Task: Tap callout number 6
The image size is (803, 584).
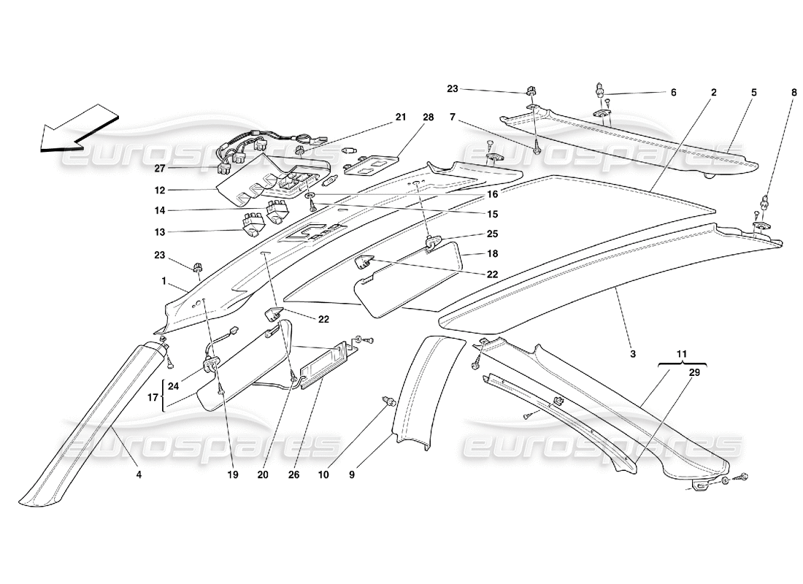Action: tap(673, 93)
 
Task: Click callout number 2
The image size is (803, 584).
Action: tap(712, 93)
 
